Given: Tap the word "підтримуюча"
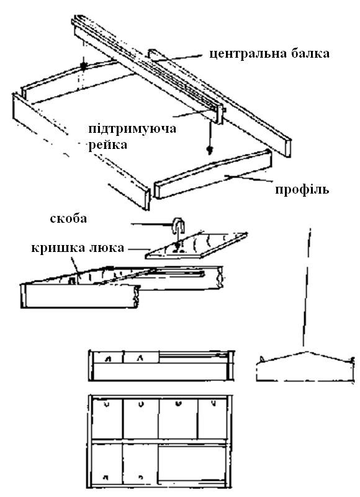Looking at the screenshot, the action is pos(132,130).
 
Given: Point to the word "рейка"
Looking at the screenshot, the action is pos(108,145).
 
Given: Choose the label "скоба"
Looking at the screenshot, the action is pos(68,218).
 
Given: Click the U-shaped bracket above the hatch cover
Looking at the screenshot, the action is pos(179,226).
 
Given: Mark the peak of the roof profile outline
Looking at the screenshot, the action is pos(306,351).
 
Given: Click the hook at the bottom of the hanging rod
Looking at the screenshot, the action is pos(210,150).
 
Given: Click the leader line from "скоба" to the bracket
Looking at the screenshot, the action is pos(152,225).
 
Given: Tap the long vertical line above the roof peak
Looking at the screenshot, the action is pos(307,287).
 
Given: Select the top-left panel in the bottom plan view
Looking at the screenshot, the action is pos(107,418).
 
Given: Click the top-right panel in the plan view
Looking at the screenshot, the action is pos(212,418).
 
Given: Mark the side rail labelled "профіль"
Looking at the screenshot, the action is pos(213,174).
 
